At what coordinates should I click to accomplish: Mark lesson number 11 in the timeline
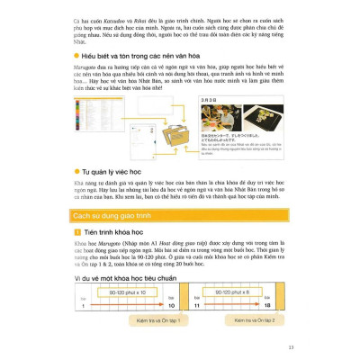(210, 305)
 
